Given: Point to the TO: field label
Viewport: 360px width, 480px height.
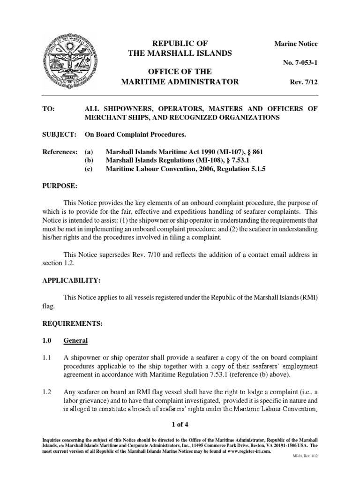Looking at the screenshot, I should (49, 109).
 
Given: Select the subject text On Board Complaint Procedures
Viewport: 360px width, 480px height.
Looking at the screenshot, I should (135, 135).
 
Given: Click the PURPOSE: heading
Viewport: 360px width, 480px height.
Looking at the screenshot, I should (60, 187).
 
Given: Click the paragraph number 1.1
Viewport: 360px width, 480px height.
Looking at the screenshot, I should (47, 358).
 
